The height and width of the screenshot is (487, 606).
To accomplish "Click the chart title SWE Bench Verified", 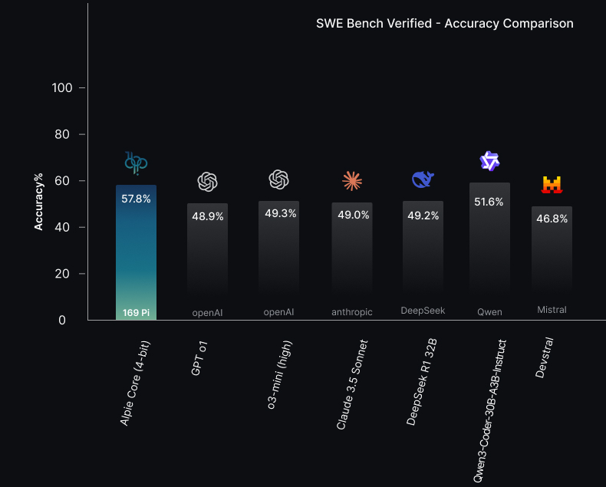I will point(444,24).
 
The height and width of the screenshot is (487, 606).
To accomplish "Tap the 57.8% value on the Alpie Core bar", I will point(136,199).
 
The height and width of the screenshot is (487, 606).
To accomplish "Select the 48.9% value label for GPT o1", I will point(207,217).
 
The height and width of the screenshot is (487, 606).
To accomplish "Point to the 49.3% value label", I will point(280,214).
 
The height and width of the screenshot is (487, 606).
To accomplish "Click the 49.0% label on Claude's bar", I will point(353,216).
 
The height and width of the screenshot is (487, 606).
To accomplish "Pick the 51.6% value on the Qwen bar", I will point(489,202).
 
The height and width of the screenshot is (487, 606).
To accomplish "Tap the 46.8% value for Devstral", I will point(552,219).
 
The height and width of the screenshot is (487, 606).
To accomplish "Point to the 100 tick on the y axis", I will point(62,88).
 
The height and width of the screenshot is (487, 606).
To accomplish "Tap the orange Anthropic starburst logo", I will point(352,181).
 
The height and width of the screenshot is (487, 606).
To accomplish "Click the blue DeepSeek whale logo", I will point(423,179).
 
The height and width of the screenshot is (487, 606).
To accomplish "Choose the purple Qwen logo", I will point(489,162).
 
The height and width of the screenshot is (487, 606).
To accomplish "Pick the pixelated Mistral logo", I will point(552,184).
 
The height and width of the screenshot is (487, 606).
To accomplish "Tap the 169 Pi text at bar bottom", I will point(136,312).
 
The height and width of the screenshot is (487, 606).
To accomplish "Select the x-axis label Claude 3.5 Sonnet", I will point(353,385).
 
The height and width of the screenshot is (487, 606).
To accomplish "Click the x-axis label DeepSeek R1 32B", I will point(420,382).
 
